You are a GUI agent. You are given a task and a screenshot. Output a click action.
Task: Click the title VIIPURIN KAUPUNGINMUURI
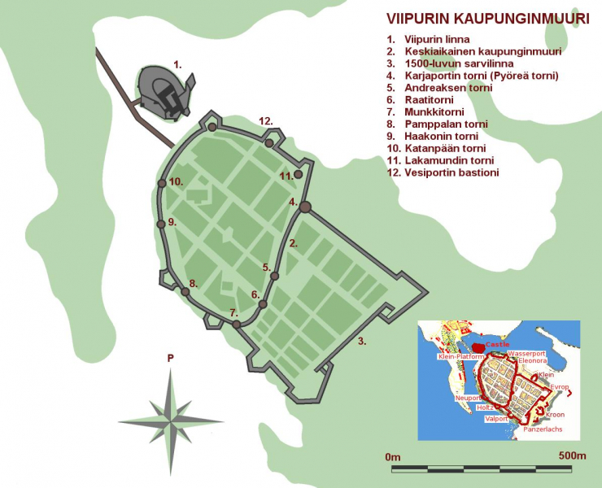click(487, 19)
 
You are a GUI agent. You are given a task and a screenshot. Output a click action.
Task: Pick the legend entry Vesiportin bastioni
click(451, 173)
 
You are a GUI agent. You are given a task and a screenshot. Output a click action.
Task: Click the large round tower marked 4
click(305, 207)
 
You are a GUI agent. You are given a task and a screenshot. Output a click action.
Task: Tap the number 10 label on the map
click(177, 181)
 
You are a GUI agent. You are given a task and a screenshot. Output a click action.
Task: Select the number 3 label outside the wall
click(362, 341)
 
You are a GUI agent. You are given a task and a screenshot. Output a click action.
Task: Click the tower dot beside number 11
click(298, 174)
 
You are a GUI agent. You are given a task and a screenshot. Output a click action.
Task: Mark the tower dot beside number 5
click(275, 277)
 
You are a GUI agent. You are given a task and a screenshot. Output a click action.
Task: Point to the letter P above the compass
click(170, 357)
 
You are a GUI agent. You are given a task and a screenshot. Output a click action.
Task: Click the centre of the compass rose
click(170, 420)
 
